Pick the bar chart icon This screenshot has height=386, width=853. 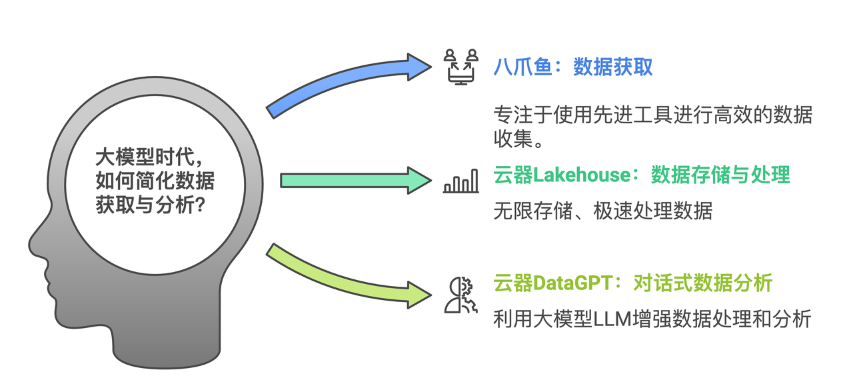pyautogui.click(x=461, y=181)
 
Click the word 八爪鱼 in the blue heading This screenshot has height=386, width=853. pyautogui.click(x=523, y=67)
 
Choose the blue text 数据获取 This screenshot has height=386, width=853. pyautogui.click(x=613, y=67)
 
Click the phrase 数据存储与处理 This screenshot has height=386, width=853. pyautogui.click(x=720, y=175)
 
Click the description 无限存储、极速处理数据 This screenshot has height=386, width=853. pyautogui.click(x=603, y=211)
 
